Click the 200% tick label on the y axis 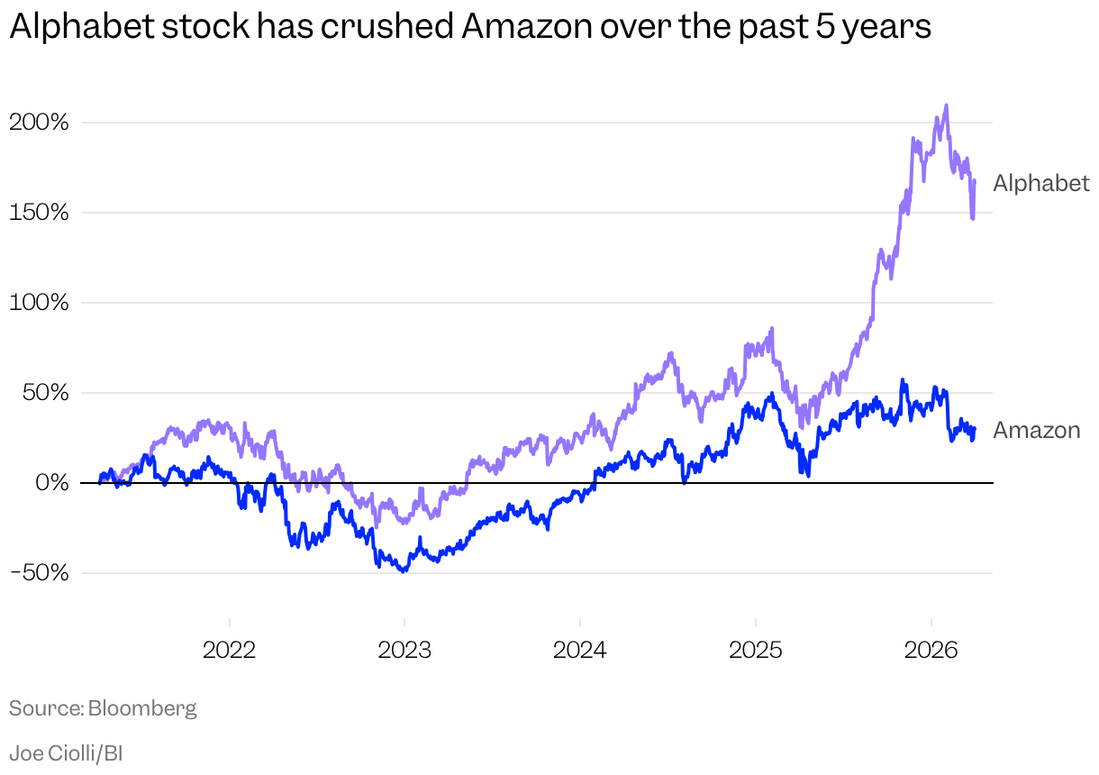click(x=39, y=122)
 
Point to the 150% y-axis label click(x=40, y=212)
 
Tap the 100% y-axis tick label click(x=40, y=302)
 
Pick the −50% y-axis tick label click(x=39, y=572)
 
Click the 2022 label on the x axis click(x=230, y=649)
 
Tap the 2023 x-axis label click(x=404, y=649)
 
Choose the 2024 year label click(x=580, y=649)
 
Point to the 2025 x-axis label click(x=755, y=649)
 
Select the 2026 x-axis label click(x=931, y=649)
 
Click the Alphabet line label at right click(x=1040, y=184)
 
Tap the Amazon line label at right click(x=1036, y=431)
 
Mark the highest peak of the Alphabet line click(x=946, y=105)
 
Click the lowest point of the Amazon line click(x=404, y=571)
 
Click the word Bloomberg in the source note click(x=142, y=708)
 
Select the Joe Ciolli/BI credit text click(x=66, y=753)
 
